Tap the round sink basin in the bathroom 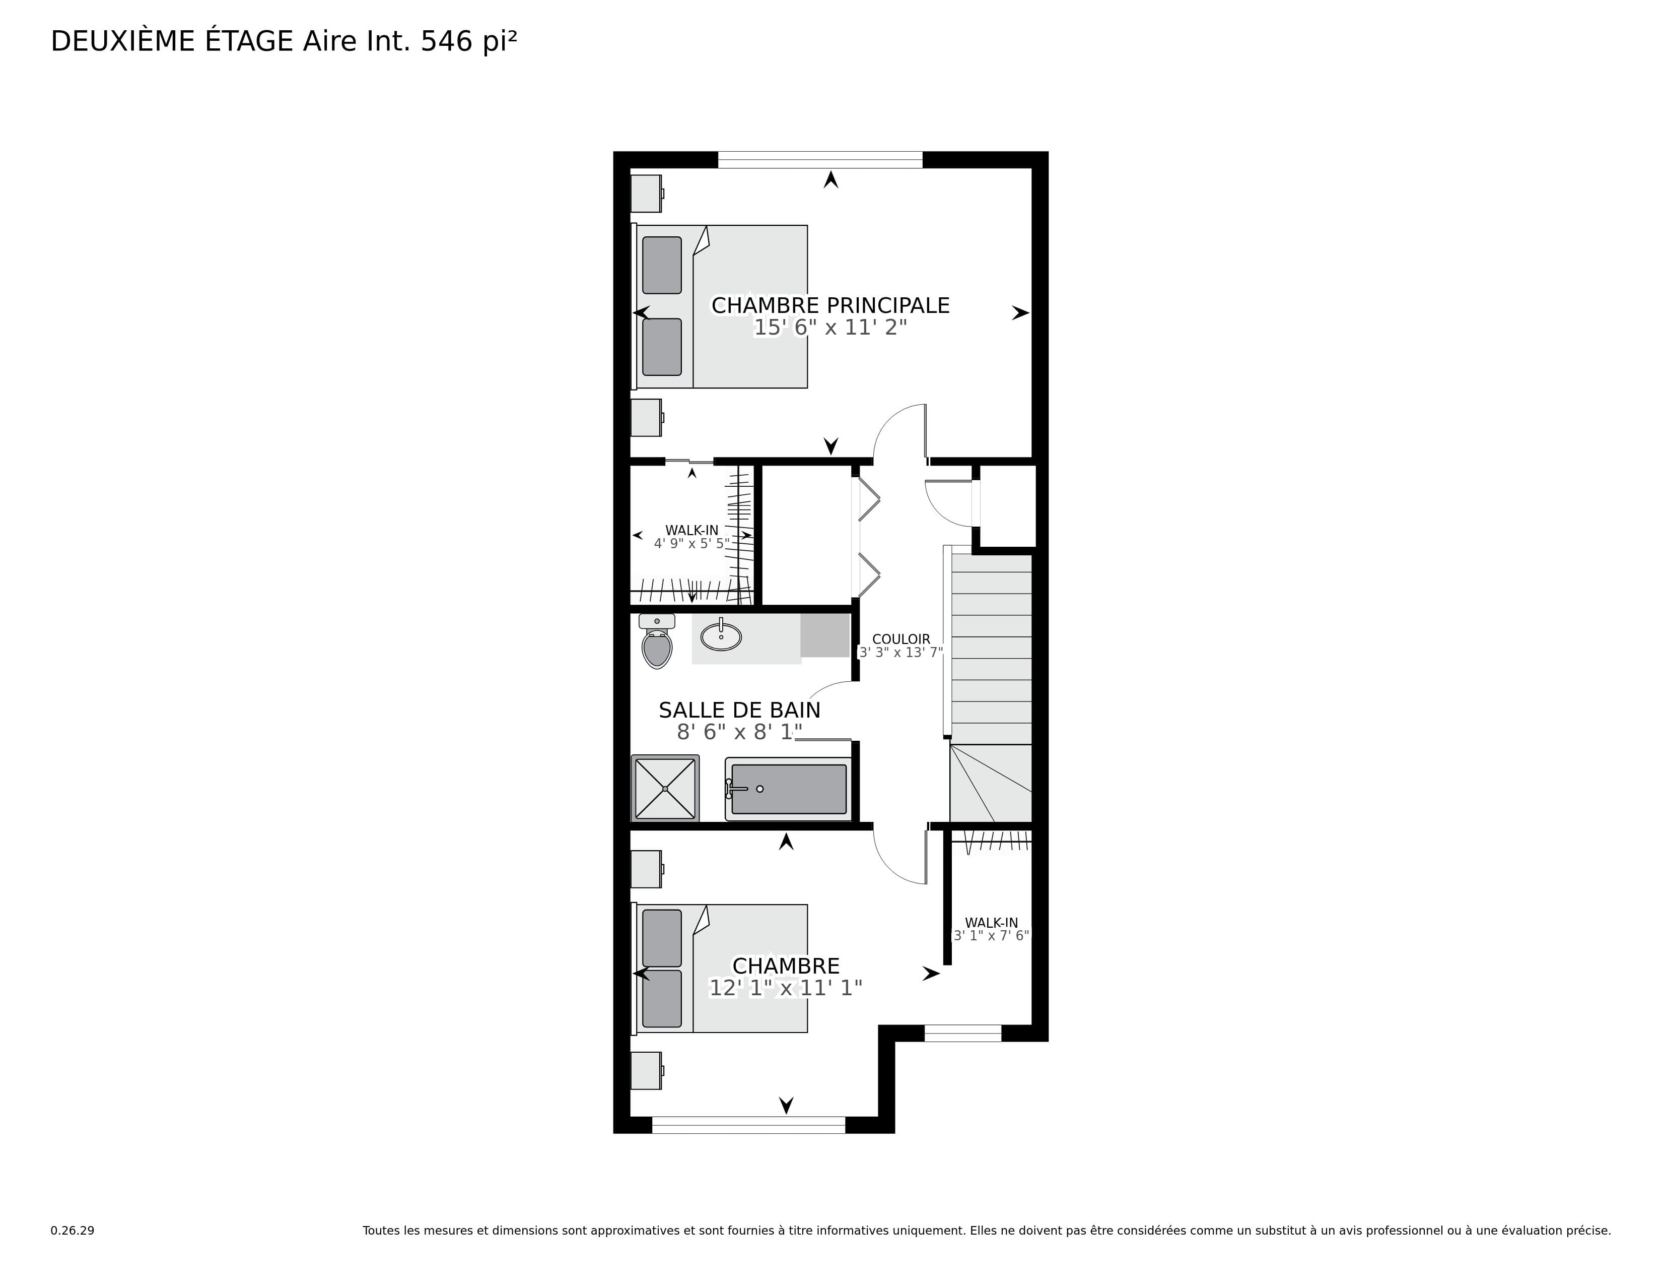pyautogui.click(x=721, y=636)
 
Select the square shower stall pyautogui.click(x=665, y=788)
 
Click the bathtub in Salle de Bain pyautogui.click(x=788, y=789)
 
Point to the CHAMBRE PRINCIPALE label pyautogui.click(x=830, y=305)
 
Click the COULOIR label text pyautogui.click(x=901, y=639)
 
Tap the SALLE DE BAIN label pyautogui.click(x=740, y=710)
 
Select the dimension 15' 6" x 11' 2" pyautogui.click(x=830, y=328)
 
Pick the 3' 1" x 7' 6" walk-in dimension pyautogui.click(x=992, y=936)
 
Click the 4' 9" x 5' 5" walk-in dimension pyautogui.click(x=691, y=544)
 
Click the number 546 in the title pyautogui.click(x=447, y=42)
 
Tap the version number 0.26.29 pyautogui.click(x=73, y=1230)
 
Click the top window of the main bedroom pyautogui.click(x=820, y=160)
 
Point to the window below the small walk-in pyautogui.click(x=962, y=1033)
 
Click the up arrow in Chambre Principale pyautogui.click(x=831, y=180)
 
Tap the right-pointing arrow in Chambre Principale pyautogui.click(x=1020, y=313)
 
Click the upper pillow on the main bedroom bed pyautogui.click(x=662, y=265)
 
